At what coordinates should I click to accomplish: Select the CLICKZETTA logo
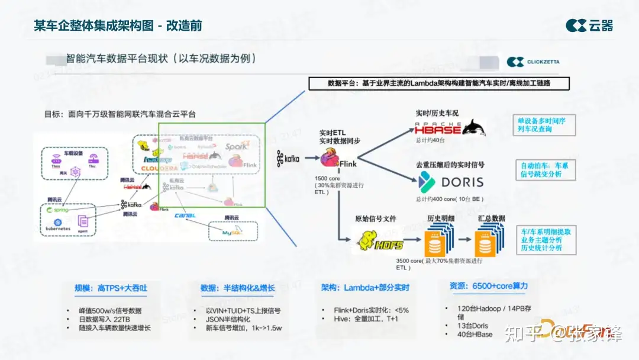coord(533,62)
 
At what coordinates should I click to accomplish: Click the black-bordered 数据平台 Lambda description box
coord(438,83)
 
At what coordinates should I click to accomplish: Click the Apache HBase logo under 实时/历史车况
coord(450,127)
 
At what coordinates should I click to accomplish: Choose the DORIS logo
coord(451,182)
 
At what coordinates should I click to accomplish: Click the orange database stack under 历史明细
coord(438,242)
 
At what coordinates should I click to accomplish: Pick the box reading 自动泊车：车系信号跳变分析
coord(544,170)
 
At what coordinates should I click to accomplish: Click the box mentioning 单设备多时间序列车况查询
coord(542,124)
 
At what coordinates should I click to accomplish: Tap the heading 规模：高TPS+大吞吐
coord(111,288)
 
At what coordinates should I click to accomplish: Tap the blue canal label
coord(185,215)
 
